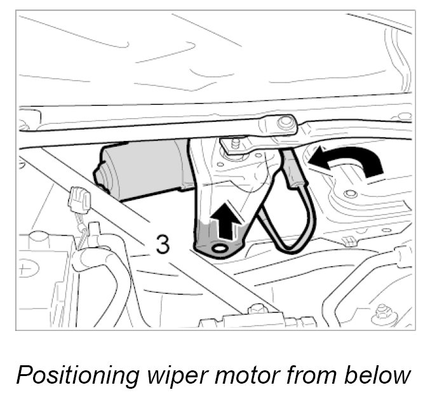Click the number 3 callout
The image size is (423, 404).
pos(163,244)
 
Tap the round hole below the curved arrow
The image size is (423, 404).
pos(348,192)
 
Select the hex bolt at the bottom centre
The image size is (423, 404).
pos(258,311)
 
